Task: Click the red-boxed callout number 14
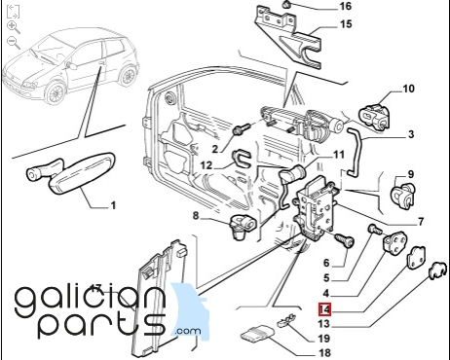324,309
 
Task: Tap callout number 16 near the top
346,6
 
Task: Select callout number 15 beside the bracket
346,24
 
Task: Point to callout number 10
408,89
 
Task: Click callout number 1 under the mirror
113,205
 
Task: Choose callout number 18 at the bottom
324,352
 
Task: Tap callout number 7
421,222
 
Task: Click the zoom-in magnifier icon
14,27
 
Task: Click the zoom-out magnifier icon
14,43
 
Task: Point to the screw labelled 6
344,240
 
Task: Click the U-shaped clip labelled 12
242,158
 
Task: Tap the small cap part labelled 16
286,4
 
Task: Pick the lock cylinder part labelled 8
243,227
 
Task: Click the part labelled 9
402,195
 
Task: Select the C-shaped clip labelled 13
437,270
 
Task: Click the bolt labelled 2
241,129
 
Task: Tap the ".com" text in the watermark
187,331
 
